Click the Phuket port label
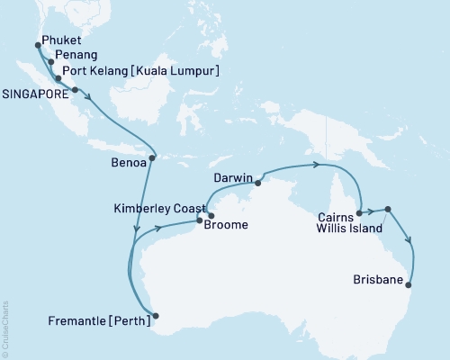pos(62,41)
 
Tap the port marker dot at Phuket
pos(37,43)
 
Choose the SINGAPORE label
pos(35,90)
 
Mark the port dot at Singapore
pos(75,90)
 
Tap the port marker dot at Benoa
pos(152,158)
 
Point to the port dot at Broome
pos(210,215)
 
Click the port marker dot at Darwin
pos(257,183)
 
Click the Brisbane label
pos(380,281)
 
